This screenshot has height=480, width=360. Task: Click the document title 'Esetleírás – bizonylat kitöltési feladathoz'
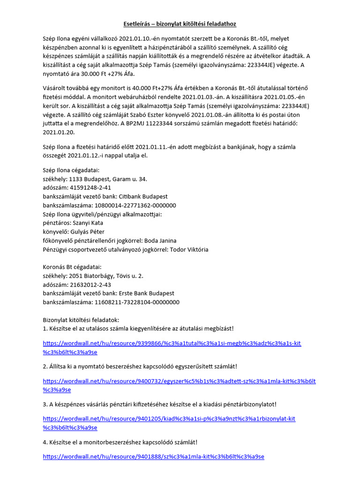pos(180,23)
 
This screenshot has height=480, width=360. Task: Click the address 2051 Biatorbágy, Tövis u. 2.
pos(106,276)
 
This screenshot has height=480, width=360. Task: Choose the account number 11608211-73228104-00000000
pos(137,302)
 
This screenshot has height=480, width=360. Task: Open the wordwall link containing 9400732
pos(179,385)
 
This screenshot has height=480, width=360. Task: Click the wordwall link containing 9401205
pos(169,423)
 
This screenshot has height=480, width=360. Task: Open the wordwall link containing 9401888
pos(153,456)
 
